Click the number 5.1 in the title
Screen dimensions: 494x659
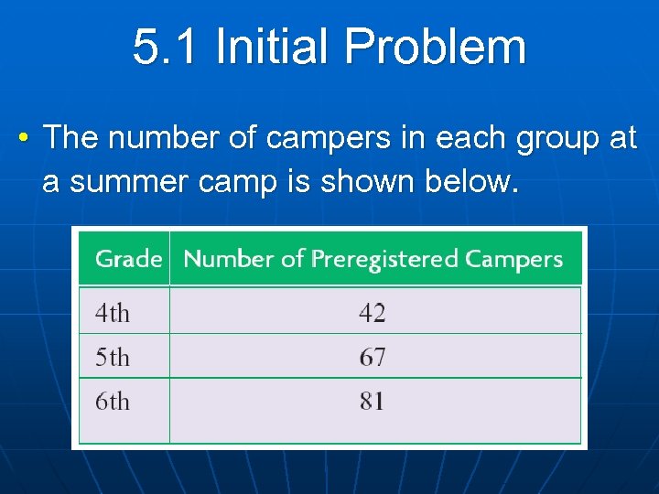[x=166, y=48]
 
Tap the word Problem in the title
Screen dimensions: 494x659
[x=438, y=48]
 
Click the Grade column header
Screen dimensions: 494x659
[x=128, y=259]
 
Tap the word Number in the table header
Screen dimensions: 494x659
[x=229, y=259]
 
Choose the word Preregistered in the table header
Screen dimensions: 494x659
[x=384, y=259]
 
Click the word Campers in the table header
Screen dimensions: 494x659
[x=513, y=259]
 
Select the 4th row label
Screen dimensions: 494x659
[x=113, y=314]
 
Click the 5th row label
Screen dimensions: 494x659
[x=113, y=358]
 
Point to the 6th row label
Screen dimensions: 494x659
[x=113, y=402]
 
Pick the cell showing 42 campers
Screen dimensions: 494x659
[x=373, y=314]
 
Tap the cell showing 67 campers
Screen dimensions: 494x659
[x=373, y=358]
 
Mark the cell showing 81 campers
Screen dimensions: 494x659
[x=373, y=402]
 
